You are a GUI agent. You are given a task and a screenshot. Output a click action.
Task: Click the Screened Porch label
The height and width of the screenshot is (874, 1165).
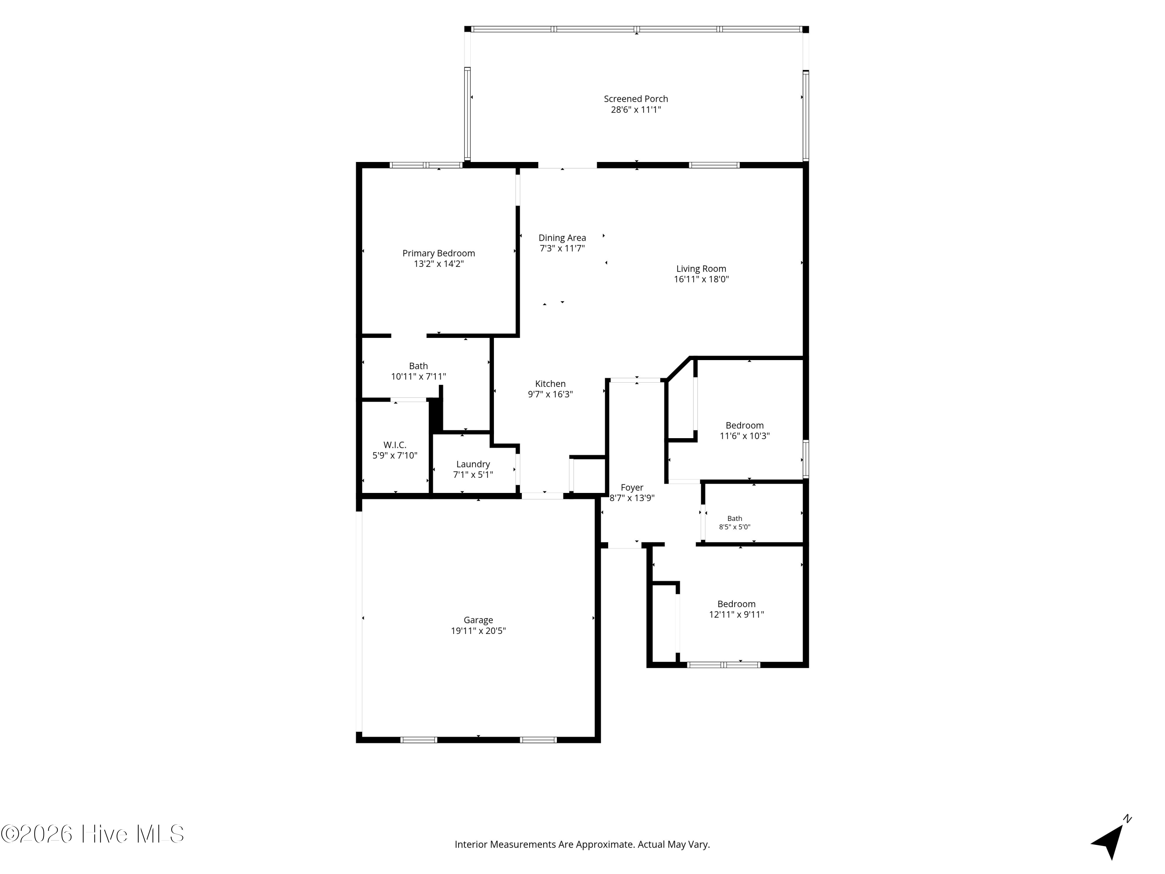[636, 99]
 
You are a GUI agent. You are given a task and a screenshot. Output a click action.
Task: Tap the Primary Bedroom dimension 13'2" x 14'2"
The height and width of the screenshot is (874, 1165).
[439, 264]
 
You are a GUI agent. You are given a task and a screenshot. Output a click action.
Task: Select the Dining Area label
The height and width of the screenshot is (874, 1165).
[562, 238]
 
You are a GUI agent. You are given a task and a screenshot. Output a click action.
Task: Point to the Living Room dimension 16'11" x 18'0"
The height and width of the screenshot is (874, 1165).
[701, 279]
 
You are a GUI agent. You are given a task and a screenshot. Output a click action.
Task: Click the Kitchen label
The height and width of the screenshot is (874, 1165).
[550, 384]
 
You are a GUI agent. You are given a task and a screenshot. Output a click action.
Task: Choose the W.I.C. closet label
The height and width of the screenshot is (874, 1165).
[395, 445]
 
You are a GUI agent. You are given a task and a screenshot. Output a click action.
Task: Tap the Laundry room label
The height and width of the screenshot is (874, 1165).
[473, 465]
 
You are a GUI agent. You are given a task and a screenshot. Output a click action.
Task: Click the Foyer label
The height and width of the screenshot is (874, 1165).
[632, 488]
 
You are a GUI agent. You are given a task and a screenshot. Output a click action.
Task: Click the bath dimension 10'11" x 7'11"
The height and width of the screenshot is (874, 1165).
[419, 377]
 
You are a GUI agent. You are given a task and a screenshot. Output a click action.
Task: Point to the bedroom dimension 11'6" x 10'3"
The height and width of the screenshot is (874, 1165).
[745, 436]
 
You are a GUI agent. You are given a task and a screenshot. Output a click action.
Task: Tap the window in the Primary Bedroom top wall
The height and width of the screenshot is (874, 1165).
[426, 165]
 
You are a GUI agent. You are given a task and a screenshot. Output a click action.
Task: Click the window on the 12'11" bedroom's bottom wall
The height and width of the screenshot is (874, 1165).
[723, 665]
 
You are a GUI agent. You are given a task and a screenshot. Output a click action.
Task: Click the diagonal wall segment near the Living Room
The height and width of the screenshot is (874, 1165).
[678, 368]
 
